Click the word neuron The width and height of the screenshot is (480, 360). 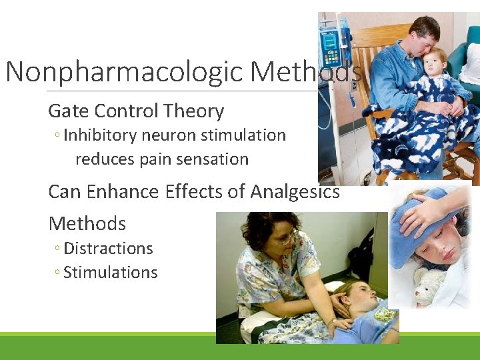168,135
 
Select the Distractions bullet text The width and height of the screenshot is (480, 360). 108,249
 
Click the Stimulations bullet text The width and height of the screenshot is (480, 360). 110,273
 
